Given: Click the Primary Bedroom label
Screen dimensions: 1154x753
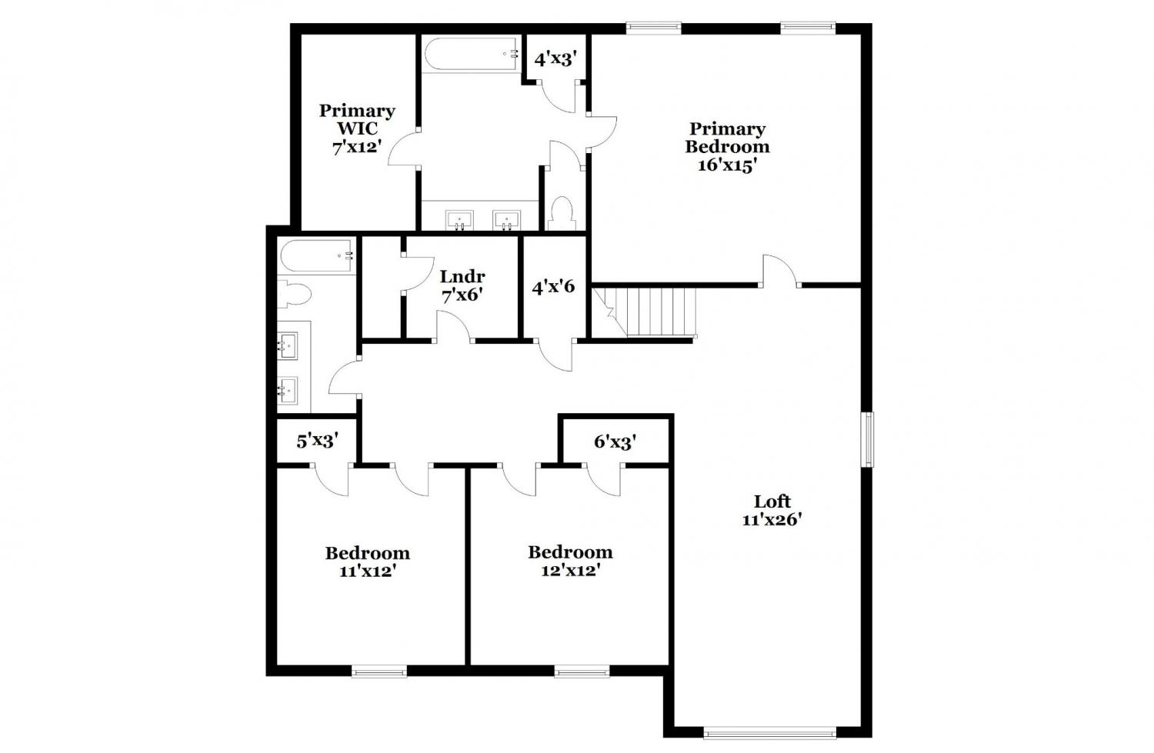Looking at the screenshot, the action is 727,147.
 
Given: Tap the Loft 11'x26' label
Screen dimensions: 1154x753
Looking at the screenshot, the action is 772,510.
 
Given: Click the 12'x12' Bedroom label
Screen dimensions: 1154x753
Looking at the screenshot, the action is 570,561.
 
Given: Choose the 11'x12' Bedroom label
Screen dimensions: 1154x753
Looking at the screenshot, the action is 367,562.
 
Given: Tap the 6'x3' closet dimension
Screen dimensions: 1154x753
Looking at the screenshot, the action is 615,441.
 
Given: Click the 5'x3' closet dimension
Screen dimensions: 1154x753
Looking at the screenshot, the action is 317,441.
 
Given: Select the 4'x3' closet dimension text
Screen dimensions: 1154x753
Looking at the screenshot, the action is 555,59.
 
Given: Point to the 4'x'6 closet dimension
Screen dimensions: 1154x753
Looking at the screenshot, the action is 553,286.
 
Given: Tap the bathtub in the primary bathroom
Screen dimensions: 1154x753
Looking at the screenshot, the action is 472,54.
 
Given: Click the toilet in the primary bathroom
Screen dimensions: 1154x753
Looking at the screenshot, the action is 562,213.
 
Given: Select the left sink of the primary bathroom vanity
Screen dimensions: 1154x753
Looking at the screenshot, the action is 459,221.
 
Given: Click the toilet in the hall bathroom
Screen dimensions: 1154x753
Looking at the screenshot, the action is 294,294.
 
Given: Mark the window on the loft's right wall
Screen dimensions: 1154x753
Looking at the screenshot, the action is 869,439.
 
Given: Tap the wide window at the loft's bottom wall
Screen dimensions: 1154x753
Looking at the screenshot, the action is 770,732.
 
